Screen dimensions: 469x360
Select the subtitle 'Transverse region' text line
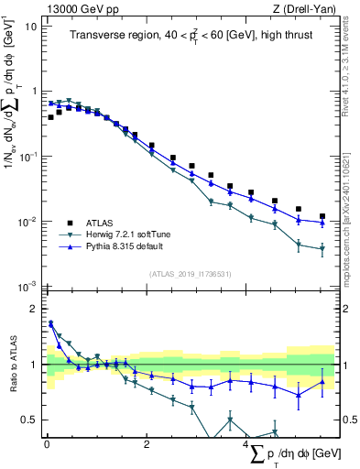pyautogui.click(x=190, y=36)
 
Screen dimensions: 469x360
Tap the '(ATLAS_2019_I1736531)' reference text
pyautogui.click(x=190, y=274)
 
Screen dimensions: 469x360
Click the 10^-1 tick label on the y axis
pyautogui.click(x=28, y=157)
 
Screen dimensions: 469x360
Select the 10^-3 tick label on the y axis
pyautogui.click(x=28, y=288)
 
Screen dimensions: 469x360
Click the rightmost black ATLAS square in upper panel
pyautogui.click(x=322, y=217)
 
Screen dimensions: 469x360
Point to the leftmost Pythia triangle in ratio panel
pyautogui.click(x=50, y=322)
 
